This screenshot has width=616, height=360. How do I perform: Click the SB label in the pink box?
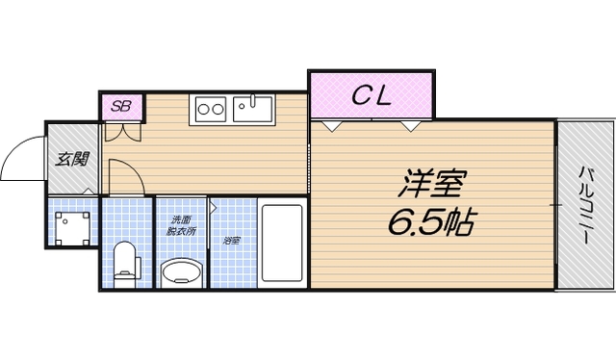tap(121, 106)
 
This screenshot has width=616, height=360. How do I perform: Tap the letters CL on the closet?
tap(371, 94)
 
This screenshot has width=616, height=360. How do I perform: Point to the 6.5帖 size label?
tap(430, 223)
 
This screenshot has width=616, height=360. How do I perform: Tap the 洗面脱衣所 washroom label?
tap(178, 227)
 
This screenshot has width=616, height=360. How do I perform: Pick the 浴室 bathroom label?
tap(231, 240)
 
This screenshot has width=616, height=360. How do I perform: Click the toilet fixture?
tap(124, 262)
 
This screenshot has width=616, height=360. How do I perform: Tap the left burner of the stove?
tap(205, 109)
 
